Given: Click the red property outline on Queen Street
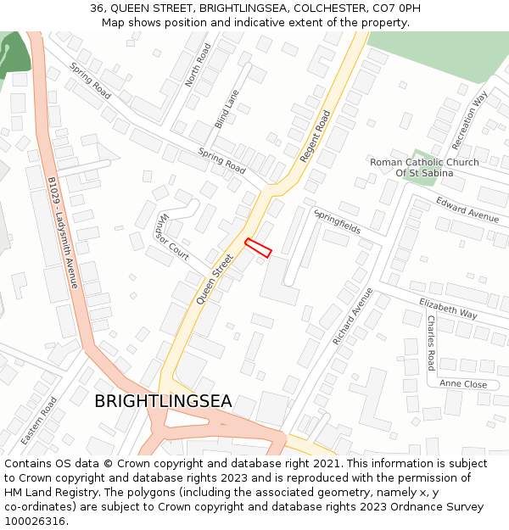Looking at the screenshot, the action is tap(258, 248).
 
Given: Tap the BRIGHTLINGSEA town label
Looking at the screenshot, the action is tap(163, 401).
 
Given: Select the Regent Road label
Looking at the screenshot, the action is tap(316, 137).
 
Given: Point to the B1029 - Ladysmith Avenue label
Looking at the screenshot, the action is tap(63, 232).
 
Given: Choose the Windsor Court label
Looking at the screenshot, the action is tap(171, 237).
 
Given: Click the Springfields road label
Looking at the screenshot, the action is tap(337, 220).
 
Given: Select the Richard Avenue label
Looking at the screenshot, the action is tap(352, 315).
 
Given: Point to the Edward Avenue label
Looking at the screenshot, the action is tap(467, 209).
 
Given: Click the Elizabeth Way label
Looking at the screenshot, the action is tap(449, 307).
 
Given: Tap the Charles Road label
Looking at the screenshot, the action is tap(431, 343).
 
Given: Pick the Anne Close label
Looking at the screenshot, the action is tap(463, 384).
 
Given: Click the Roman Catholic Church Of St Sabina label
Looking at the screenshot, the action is tap(424, 167).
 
